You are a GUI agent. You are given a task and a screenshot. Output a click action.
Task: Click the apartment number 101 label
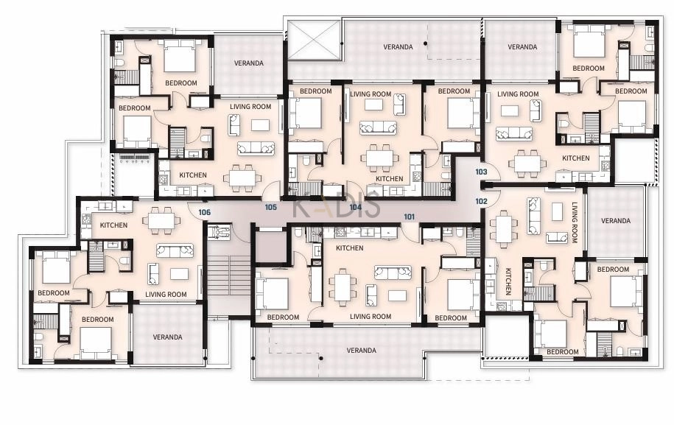[409, 217]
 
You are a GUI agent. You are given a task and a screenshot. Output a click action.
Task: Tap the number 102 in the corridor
[482, 201]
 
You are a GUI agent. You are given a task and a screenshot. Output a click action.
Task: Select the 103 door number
[482, 172]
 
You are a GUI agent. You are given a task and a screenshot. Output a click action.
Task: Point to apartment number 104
[356, 207]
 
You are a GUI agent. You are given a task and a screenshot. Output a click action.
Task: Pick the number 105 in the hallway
[270, 207]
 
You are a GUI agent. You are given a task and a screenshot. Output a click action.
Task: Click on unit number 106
[205, 212]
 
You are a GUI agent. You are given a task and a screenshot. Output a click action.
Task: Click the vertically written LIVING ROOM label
[575, 222]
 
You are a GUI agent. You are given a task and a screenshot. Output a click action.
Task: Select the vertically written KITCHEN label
[508, 281]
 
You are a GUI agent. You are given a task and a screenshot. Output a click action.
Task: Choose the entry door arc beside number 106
[197, 211]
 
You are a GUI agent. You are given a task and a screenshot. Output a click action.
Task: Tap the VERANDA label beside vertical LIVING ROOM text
[616, 221]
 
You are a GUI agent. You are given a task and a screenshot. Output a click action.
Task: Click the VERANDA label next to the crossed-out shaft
[398, 47]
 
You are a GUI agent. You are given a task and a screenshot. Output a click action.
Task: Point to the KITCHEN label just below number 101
[349, 248]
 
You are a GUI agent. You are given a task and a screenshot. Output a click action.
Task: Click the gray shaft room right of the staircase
[270, 246]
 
